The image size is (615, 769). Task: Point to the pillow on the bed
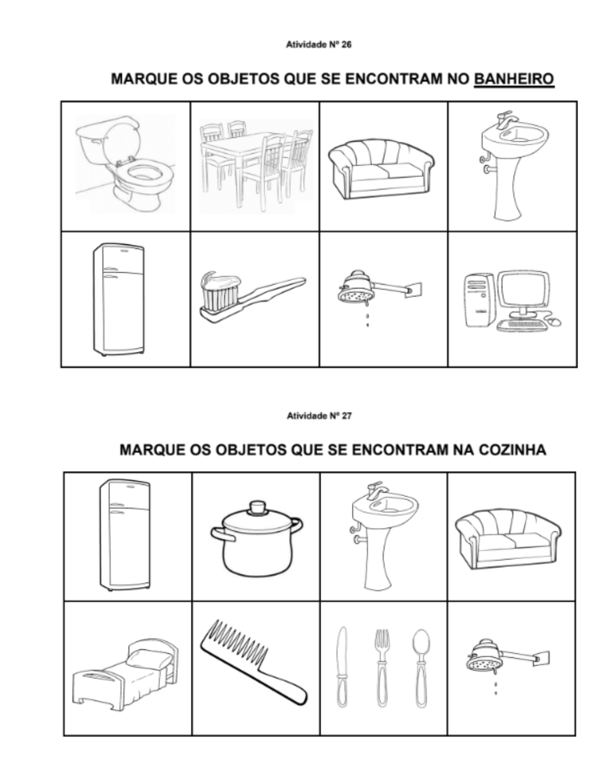151,659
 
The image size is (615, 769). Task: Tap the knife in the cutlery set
342,666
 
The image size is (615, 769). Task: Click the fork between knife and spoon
382,666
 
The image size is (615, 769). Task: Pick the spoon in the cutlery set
421,666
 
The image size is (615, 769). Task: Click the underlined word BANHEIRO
514,79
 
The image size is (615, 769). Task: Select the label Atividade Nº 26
319,44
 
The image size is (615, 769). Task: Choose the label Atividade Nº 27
319,416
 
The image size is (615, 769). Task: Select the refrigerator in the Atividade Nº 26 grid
118,299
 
